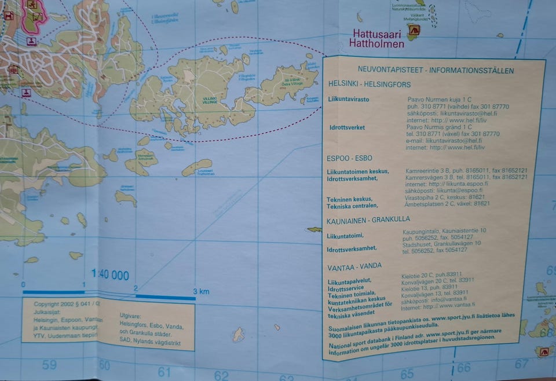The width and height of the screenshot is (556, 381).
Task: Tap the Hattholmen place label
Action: (376, 43)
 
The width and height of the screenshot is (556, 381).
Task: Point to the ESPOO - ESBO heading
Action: (349, 158)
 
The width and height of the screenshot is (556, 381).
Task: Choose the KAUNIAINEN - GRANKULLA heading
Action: (368, 219)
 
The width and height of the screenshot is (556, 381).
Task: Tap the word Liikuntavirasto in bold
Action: (349, 100)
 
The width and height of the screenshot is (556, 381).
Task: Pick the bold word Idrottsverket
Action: (346, 127)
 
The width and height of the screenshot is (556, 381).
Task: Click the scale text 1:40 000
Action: (110, 276)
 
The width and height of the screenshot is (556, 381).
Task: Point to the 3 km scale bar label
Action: (201, 291)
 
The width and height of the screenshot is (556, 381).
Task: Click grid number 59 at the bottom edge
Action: (49, 365)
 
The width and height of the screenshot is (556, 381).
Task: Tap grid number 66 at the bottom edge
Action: (464, 367)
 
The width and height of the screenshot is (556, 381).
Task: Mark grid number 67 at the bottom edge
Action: (522, 364)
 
